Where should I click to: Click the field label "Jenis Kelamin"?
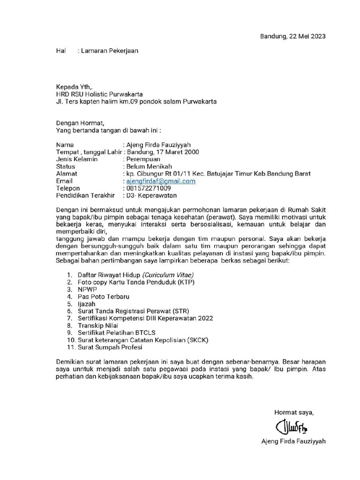(76, 159)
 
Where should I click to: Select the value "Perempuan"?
(143, 159)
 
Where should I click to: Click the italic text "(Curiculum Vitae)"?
(168, 275)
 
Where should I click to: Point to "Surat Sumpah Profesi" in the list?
(110, 347)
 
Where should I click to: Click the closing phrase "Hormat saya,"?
(294, 412)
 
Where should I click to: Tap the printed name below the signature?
(294, 442)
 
